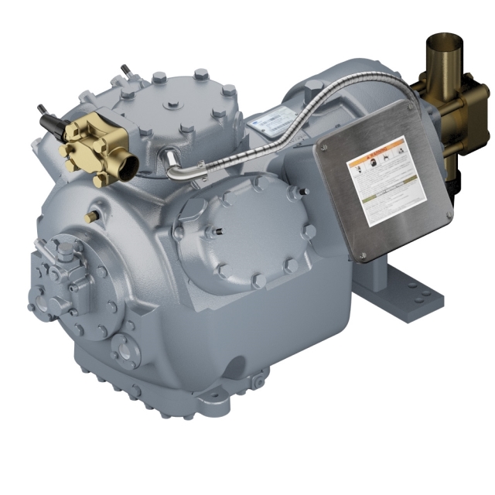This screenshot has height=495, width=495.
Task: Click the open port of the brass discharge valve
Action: tap(129, 162)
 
